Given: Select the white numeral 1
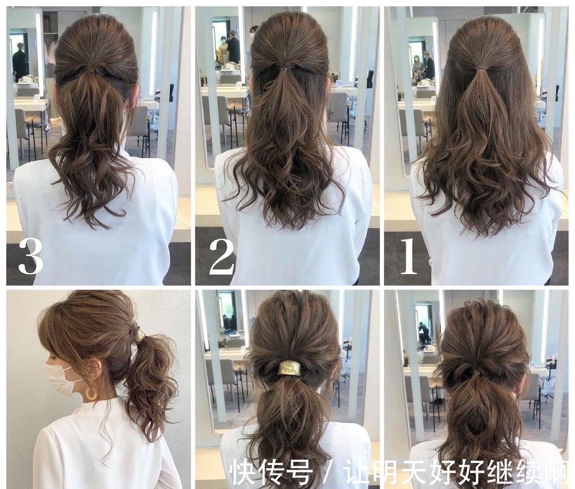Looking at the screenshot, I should pos(409,257).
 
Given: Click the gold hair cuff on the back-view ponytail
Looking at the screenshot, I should pos(288,368).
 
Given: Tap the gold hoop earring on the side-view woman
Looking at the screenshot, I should pos(92,393).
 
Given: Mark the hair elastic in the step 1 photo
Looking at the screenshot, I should pos(482,68).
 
